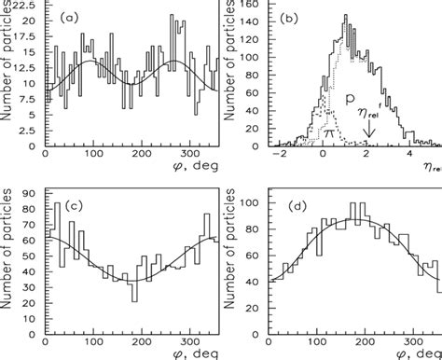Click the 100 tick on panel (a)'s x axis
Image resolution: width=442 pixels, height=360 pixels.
tap(92, 154)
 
